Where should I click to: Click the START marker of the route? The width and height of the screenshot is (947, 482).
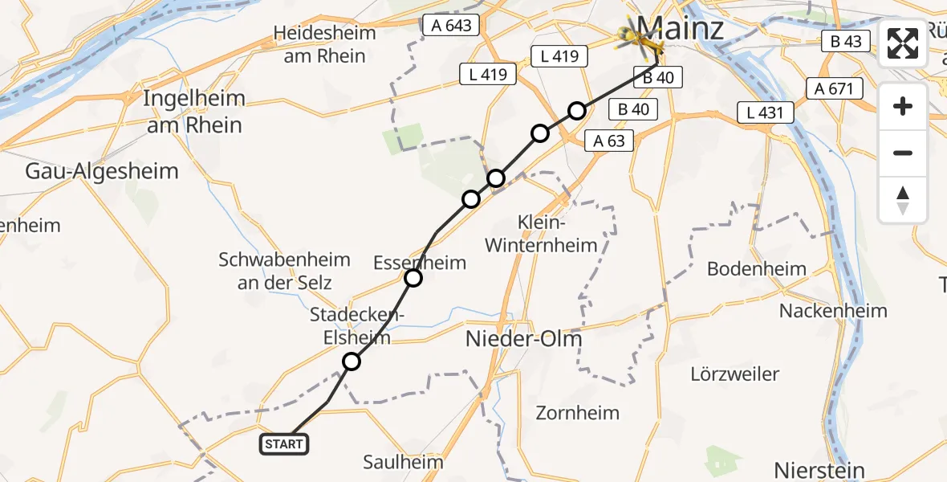[x=284, y=443]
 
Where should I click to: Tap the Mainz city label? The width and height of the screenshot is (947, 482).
[x=681, y=28]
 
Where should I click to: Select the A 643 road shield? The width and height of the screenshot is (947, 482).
[x=452, y=26]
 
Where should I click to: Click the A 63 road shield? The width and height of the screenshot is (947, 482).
[x=609, y=141]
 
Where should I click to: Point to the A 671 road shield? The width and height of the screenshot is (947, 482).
[x=835, y=88]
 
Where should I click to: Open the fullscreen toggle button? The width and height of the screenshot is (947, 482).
[x=903, y=43]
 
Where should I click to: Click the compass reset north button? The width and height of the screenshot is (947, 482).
[x=903, y=200]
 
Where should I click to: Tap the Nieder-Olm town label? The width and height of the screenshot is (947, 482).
[x=524, y=340]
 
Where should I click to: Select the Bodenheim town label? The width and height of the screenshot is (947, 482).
[x=757, y=269]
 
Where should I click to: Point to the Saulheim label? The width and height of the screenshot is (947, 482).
[x=403, y=462]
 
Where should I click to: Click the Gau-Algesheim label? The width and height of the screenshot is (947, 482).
[x=102, y=171]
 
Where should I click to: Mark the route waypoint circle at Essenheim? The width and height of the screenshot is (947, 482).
[x=413, y=278]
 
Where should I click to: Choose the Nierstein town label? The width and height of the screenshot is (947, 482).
[x=819, y=470]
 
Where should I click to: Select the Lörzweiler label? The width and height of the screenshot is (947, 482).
[x=734, y=374]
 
